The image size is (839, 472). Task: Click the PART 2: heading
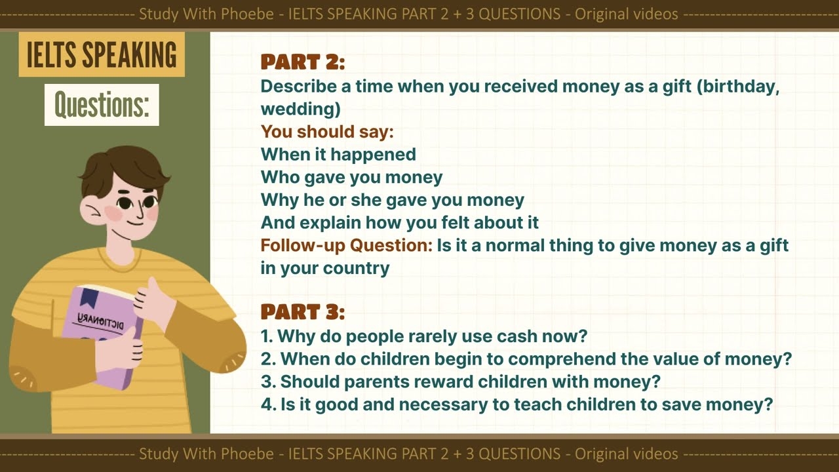pos(302,62)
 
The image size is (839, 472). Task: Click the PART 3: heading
pos(302,312)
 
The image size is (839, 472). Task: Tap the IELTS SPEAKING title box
pos(102,55)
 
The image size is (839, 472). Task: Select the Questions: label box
pos(102,104)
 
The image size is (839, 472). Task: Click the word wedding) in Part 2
pos(300,109)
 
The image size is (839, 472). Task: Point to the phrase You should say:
pos(326,132)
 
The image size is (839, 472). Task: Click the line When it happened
pos(338,155)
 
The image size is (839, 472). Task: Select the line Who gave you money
pos(351,177)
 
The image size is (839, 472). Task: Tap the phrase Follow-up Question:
pos(346,246)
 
